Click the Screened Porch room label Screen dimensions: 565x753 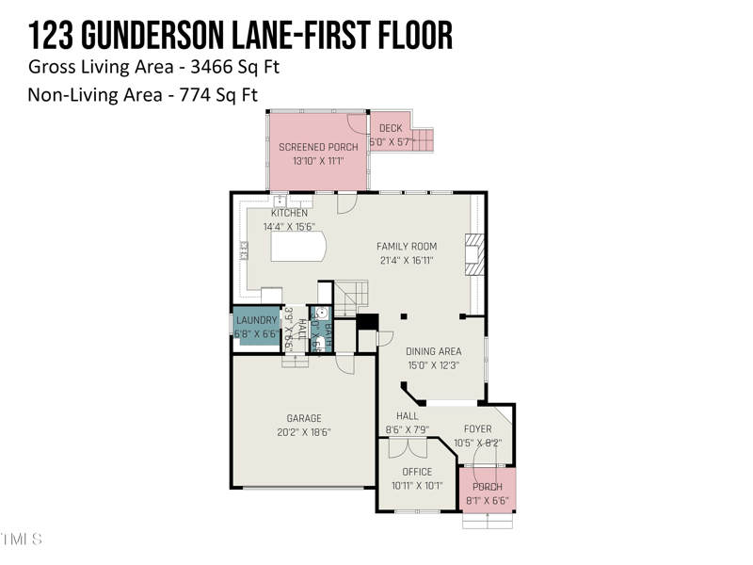point(318,147)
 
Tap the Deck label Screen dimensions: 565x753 point(390,129)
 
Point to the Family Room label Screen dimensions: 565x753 point(407,247)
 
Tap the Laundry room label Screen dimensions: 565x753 point(257,321)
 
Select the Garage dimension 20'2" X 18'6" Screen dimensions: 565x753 point(304,432)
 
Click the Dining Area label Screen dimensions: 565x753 point(433,352)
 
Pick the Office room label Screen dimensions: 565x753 point(417,472)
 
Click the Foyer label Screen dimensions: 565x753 point(478,429)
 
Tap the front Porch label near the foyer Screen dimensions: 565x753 point(488,487)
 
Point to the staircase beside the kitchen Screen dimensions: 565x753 point(352,296)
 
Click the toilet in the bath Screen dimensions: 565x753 point(321,314)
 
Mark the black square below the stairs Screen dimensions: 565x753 point(366,321)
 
